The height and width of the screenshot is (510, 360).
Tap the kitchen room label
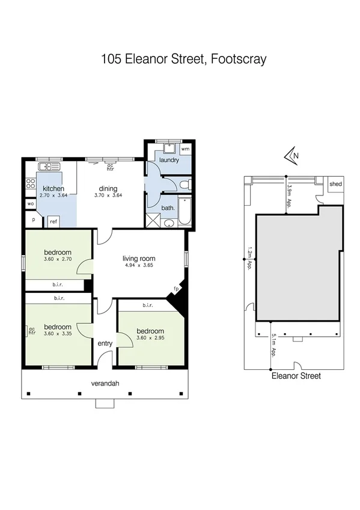[x=53, y=188]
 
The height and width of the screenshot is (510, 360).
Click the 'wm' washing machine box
[x=185, y=148]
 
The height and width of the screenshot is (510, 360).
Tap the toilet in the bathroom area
[x=187, y=184]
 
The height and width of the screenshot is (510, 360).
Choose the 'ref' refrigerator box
[x=53, y=221]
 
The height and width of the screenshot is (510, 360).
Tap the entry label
[x=105, y=343]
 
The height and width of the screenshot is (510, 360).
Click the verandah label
[x=103, y=382]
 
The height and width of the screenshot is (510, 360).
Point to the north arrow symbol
[x=291, y=157]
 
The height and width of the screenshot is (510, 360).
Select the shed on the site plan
[x=334, y=185]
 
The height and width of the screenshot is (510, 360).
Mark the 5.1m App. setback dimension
[x=273, y=345]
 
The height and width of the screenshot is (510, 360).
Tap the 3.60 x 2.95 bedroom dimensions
[x=150, y=339]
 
